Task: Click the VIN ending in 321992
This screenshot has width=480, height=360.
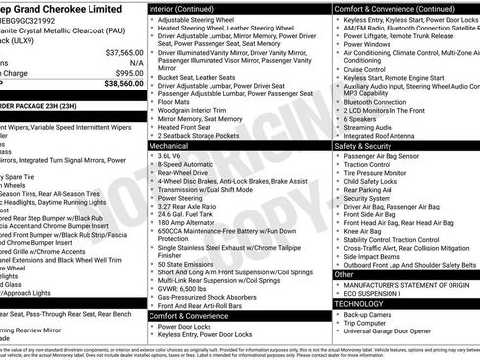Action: tap(33, 20)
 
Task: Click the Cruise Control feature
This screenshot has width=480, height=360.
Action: tap(364, 69)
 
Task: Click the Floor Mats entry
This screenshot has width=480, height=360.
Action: tap(174, 101)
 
